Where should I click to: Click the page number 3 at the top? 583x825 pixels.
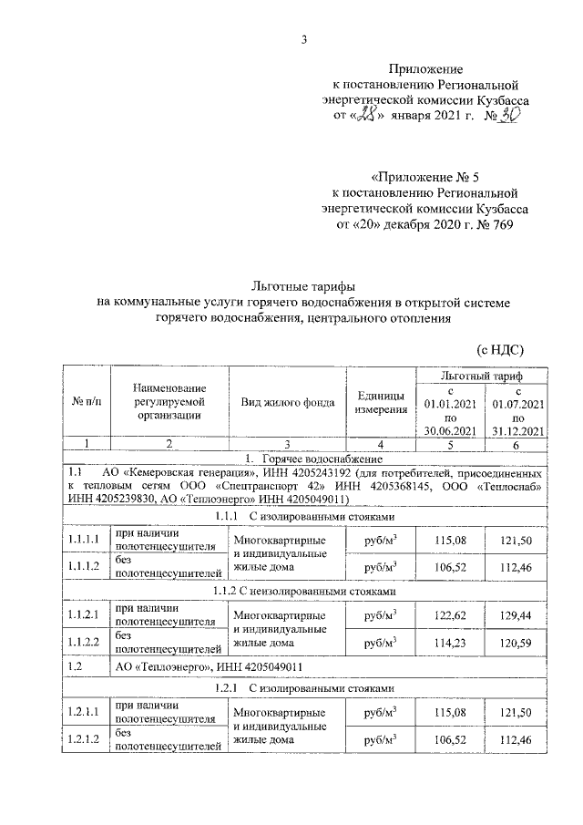(x=305, y=39)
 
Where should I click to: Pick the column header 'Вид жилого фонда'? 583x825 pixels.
(x=288, y=402)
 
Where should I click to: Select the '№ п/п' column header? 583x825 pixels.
(x=86, y=402)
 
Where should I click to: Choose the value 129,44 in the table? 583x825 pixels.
(x=517, y=615)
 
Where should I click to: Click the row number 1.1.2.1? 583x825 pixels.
(x=85, y=615)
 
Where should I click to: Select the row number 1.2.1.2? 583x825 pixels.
(x=85, y=739)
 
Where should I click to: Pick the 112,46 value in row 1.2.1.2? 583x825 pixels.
(x=517, y=739)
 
